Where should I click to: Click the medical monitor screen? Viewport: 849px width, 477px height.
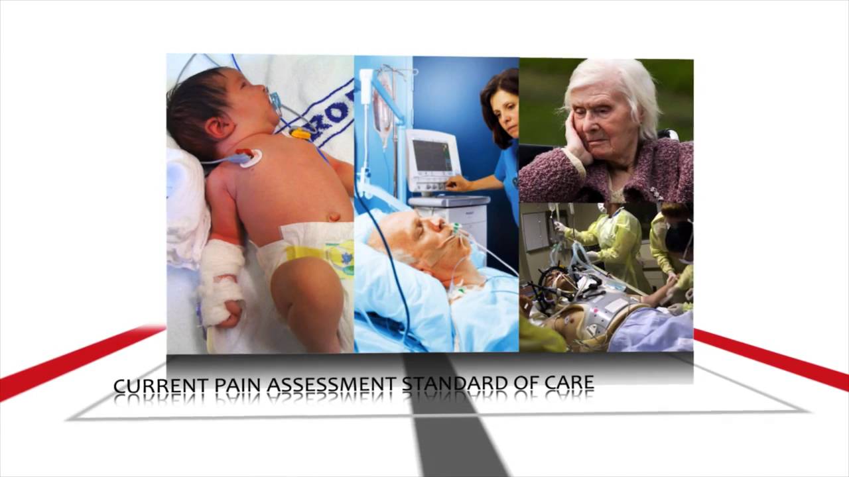coord(432,156)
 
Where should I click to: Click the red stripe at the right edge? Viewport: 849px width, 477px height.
coord(783,361)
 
